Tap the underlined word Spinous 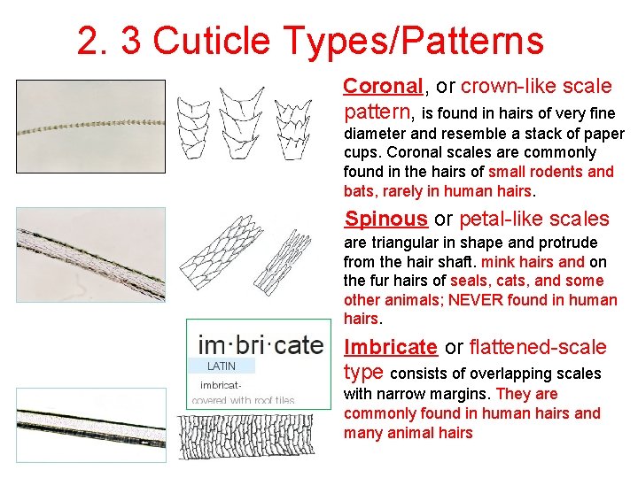[386, 220]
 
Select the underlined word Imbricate [391, 348]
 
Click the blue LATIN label [222, 366]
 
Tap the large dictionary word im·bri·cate [261, 343]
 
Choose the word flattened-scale [538, 348]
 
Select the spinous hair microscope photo [91, 255]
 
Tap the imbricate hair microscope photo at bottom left [91, 423]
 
